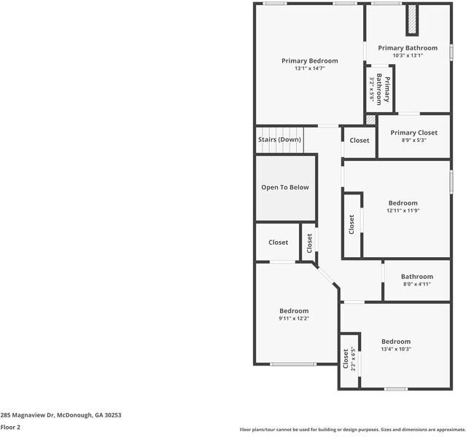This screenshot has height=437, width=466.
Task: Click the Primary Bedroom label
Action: (x=310, y=60)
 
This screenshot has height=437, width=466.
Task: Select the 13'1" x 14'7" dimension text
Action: (x=310, y=68)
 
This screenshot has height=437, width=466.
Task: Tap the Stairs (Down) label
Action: (x=279, y=139)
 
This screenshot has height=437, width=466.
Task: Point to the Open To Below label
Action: (x=285, y=187)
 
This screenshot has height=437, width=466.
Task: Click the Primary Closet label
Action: (x=413, y=133)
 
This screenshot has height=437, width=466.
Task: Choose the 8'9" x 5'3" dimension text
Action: (x=413, y=141)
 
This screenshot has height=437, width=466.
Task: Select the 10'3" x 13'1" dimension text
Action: (x=408, y=55)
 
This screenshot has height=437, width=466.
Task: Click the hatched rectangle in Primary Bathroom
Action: (x=411, y=20)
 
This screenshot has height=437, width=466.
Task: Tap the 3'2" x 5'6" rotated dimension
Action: (x=372, y=89)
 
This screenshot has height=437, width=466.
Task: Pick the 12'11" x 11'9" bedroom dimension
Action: (x=403, y=210)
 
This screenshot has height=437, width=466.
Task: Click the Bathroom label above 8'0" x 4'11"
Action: (x=416, y=276)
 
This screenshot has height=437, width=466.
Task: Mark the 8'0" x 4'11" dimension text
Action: (x=416, y=284)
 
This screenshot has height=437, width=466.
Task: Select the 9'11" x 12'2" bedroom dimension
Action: (x=294, y=318)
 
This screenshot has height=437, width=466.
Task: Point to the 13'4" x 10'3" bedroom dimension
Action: (x=396, y=349)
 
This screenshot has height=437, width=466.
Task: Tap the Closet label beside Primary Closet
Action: (x=360, y=141)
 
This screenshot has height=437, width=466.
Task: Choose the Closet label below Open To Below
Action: (x=278, y=243)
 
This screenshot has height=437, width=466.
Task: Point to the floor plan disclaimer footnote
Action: (x=352, y=429)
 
